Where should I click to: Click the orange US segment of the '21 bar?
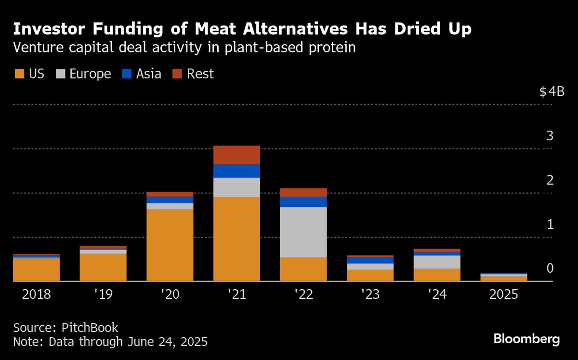click(x=236, y=239)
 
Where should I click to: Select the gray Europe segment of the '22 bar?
click(x=303, y=232)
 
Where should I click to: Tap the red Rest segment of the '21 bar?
click(x=236, y=155)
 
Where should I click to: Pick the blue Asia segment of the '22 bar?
click(x=303, y=201)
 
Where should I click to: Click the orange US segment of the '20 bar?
click(x=170, y=245)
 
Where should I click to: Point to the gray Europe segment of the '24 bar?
click(x=437, y=262)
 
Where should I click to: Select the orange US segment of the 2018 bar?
click(x=36, y=269)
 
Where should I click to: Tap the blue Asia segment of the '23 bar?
click(x=370, y=260)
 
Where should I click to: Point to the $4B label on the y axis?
click(x=552, y=92)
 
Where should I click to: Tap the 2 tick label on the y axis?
click(x=550, y=180)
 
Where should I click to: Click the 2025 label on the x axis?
click(x=503, y=294)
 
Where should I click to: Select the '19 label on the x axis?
click(x=103, y=294)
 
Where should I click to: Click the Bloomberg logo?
click(x=526, y=339)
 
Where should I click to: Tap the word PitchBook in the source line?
click(x=90, y=328)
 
